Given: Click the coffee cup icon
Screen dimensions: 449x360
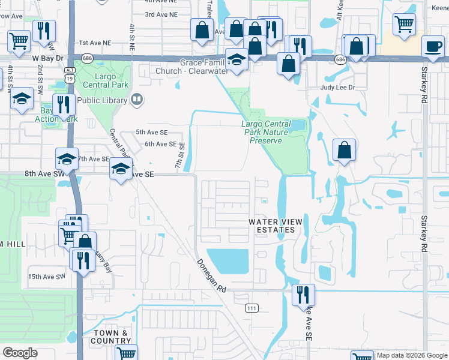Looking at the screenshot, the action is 433,46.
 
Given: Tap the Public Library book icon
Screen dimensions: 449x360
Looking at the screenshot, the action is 137,100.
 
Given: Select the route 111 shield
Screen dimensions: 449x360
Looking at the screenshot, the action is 252,308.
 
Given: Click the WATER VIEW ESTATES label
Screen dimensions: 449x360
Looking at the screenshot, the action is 276,226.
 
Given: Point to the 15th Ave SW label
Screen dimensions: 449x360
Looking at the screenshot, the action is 46,277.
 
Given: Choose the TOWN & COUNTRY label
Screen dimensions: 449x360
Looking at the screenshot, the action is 110,337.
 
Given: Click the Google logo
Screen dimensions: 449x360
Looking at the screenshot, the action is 20,353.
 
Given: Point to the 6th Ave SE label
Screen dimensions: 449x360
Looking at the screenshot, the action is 160,144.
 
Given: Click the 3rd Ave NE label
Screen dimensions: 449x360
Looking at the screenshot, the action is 161,14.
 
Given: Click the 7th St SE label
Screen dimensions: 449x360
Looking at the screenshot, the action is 178,160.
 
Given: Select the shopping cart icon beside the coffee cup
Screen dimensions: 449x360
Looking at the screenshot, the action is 405,24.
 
